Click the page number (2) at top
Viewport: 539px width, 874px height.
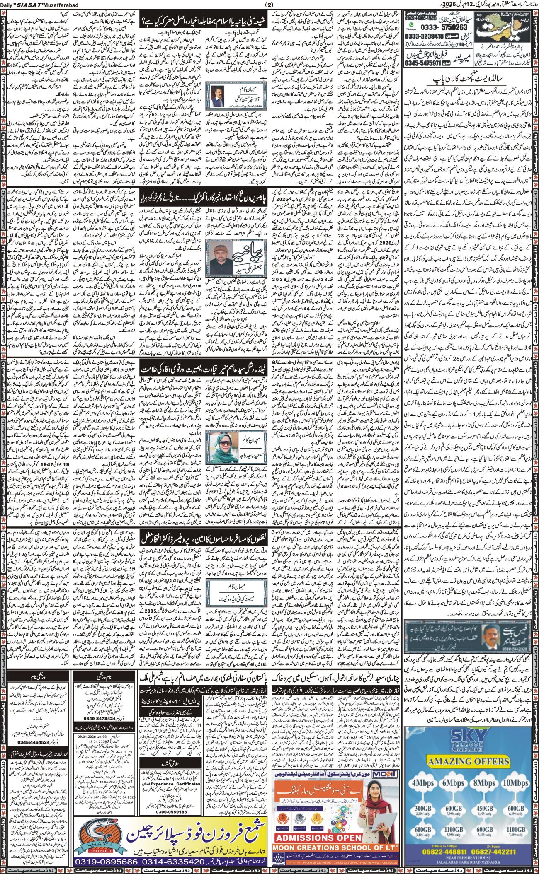coord(269,5)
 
